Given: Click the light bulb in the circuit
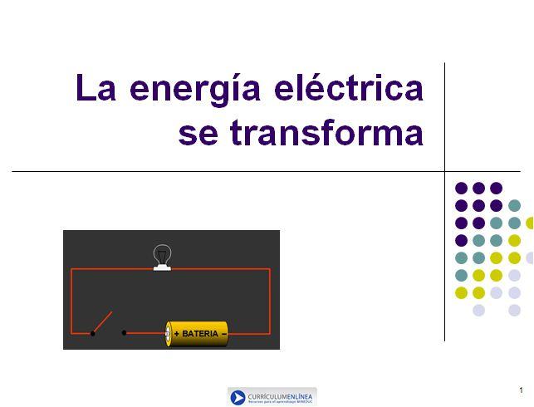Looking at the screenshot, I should (163, 254).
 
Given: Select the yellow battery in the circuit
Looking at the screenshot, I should (197, 334).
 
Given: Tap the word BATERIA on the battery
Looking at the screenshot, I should (200, 334).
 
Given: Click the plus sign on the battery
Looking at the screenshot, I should (176, 334).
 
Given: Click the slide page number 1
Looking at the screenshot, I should (521, 390).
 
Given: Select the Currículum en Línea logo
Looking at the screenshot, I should (272, 397).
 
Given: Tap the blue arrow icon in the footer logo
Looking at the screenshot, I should (238, 397).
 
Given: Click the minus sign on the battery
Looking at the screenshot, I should (223, 334).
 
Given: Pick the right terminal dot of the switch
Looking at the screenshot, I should (125, 333).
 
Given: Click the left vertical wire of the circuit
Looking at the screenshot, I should (71, 299).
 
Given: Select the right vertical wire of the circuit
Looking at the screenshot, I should (270, 299).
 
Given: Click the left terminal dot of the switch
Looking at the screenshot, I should (92, 334).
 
